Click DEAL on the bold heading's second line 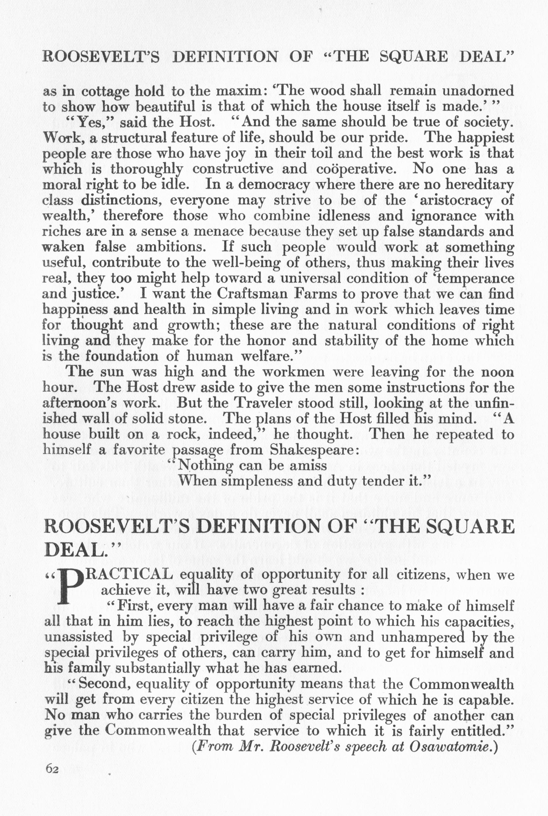pyautogui.click(x=74, y=551)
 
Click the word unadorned pyautogui.click(x=478, y=91)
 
